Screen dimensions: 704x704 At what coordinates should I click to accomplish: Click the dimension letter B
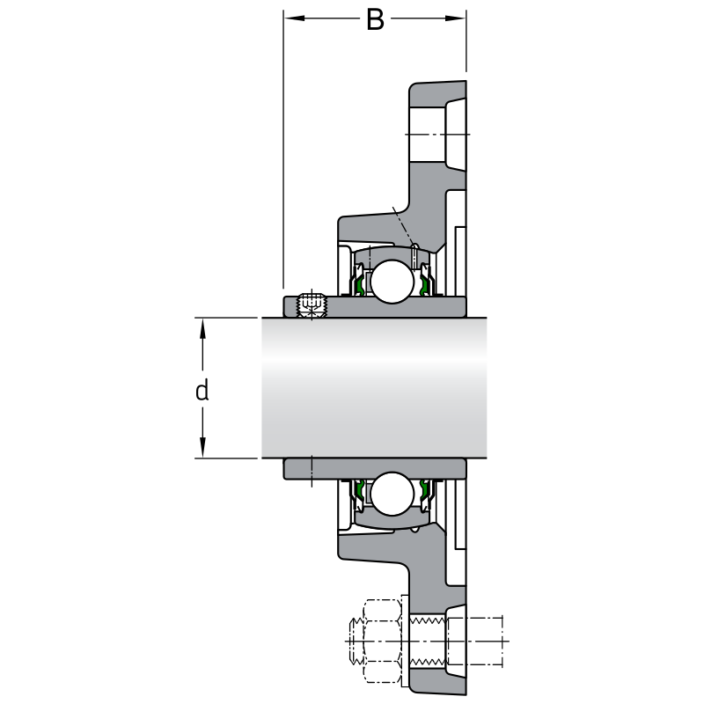375,19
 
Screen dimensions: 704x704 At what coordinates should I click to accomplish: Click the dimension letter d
202,390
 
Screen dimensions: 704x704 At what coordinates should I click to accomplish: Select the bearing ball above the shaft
390,280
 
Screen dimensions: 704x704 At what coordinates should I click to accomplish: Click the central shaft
374,387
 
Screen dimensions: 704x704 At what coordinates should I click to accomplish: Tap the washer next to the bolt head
405,641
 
